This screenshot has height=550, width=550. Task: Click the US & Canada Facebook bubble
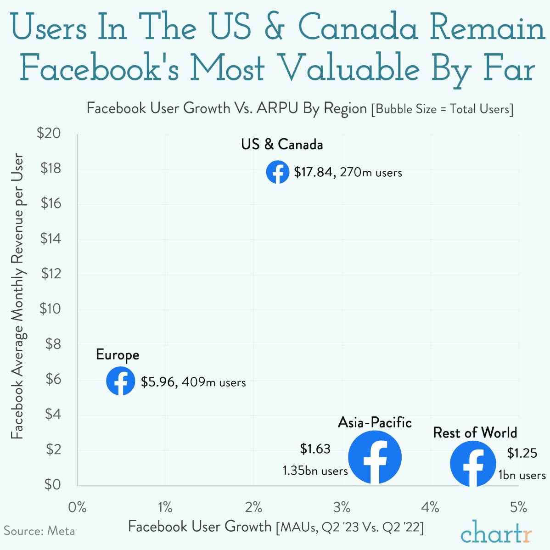coord(278,172)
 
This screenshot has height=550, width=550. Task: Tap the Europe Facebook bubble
coord(121,381)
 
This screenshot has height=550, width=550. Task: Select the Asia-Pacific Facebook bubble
coord(375,457)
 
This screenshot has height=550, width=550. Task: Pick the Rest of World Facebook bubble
coord(473,464)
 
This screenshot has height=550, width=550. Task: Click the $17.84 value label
coord(314,173)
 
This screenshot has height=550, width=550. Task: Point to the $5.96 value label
coord(159,382)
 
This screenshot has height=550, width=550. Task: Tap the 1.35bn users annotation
coord(315,471)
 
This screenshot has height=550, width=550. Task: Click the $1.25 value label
coord(522,453)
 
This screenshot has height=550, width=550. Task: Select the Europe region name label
coord(118,355)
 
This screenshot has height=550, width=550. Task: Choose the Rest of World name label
coord(475,432)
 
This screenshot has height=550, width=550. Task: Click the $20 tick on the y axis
coord(50,134)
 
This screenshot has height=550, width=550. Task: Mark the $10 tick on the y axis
coord(50,309)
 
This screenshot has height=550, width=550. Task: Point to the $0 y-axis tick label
coord(52,484)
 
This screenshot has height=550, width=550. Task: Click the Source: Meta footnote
coord(39,531)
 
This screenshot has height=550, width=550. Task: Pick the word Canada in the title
coord(359,28)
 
